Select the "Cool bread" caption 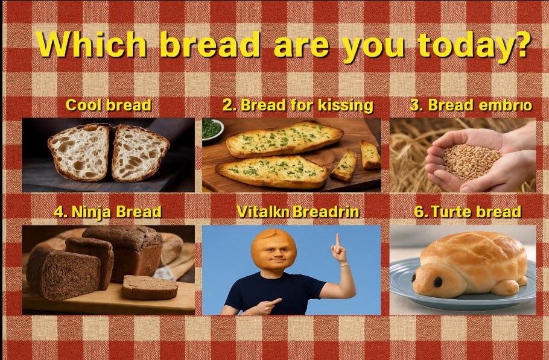(109, 105)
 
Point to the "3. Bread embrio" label (471, 105)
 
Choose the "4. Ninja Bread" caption (107, 212)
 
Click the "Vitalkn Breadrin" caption (297, 212)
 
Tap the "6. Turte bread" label (468, 212)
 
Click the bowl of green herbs (212, 128)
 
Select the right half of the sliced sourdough (140, 152)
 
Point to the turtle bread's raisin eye (437, 281)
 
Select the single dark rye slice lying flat (150, 287)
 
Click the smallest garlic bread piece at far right (370, 154)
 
